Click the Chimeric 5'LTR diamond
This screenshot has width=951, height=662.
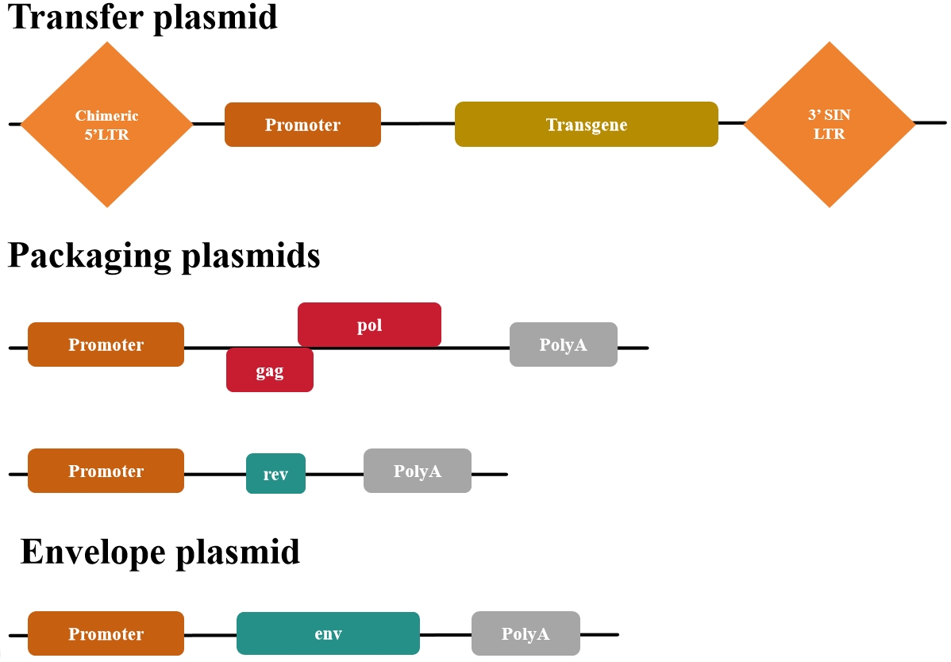(106, 125)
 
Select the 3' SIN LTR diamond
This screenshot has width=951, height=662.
(829, 125)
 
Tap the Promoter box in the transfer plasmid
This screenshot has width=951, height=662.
(302, 125)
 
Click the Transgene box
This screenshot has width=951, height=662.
(586, 125)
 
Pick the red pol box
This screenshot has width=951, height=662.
(369, 325)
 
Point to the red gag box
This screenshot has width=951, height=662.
(270, 370)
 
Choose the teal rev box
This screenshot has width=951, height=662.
(275, 474)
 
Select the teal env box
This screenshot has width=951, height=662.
(328, 633)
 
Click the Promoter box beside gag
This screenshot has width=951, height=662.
(106, 344)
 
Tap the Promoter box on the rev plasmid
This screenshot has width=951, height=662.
(106, 471)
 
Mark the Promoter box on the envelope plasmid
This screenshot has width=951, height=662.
(106, 633)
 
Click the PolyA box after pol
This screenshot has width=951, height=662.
(563, 344)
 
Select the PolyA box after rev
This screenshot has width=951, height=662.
(418, 471)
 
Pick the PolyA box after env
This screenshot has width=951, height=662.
(526, 633)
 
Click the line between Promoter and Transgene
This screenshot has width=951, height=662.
(418, 124)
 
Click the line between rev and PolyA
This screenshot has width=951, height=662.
(334, 474)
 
